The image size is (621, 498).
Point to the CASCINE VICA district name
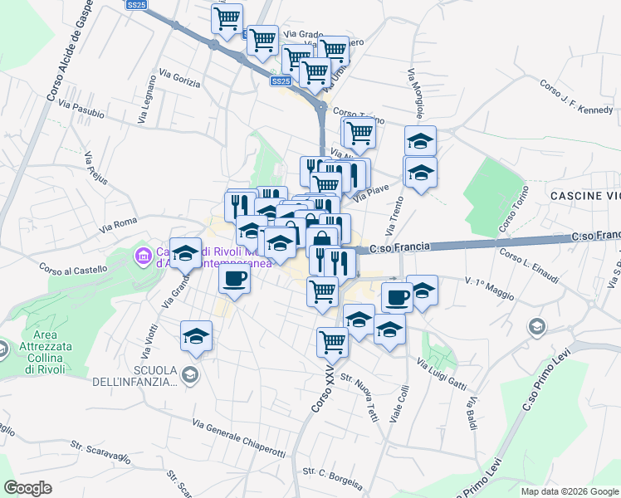584,195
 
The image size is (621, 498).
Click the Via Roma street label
118,224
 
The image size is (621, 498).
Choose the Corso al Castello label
73,269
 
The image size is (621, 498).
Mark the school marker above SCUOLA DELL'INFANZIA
196,336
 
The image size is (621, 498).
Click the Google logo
28,487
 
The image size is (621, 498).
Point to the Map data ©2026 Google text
569,491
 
